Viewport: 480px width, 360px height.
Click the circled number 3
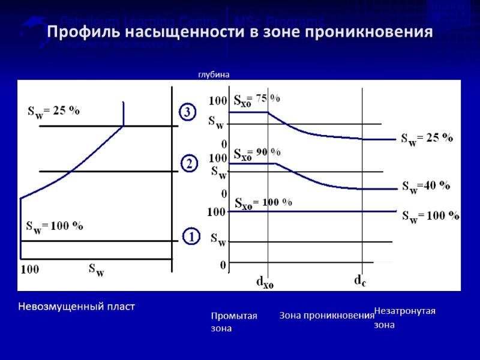[188, 112]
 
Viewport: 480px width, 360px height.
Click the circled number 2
[188, 164]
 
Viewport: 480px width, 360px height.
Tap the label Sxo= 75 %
[256, 99]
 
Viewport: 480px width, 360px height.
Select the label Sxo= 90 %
[257, 154]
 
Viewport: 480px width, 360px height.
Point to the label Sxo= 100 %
[263, 203]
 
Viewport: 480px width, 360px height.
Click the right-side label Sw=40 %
[426, 186]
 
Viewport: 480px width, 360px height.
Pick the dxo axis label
[265, 281]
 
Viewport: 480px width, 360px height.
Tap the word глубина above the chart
[214, 74]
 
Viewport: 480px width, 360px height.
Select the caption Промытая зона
[234, 322]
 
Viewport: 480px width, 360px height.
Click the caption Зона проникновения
[327, 316]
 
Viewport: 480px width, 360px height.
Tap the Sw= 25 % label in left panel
[54, 112]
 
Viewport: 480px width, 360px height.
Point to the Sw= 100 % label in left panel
[55, 227]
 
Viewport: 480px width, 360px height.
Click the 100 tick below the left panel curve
[30, 270]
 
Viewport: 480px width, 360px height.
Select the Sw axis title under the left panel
[97, 270]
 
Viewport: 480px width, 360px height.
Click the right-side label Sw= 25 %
[427, 139]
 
